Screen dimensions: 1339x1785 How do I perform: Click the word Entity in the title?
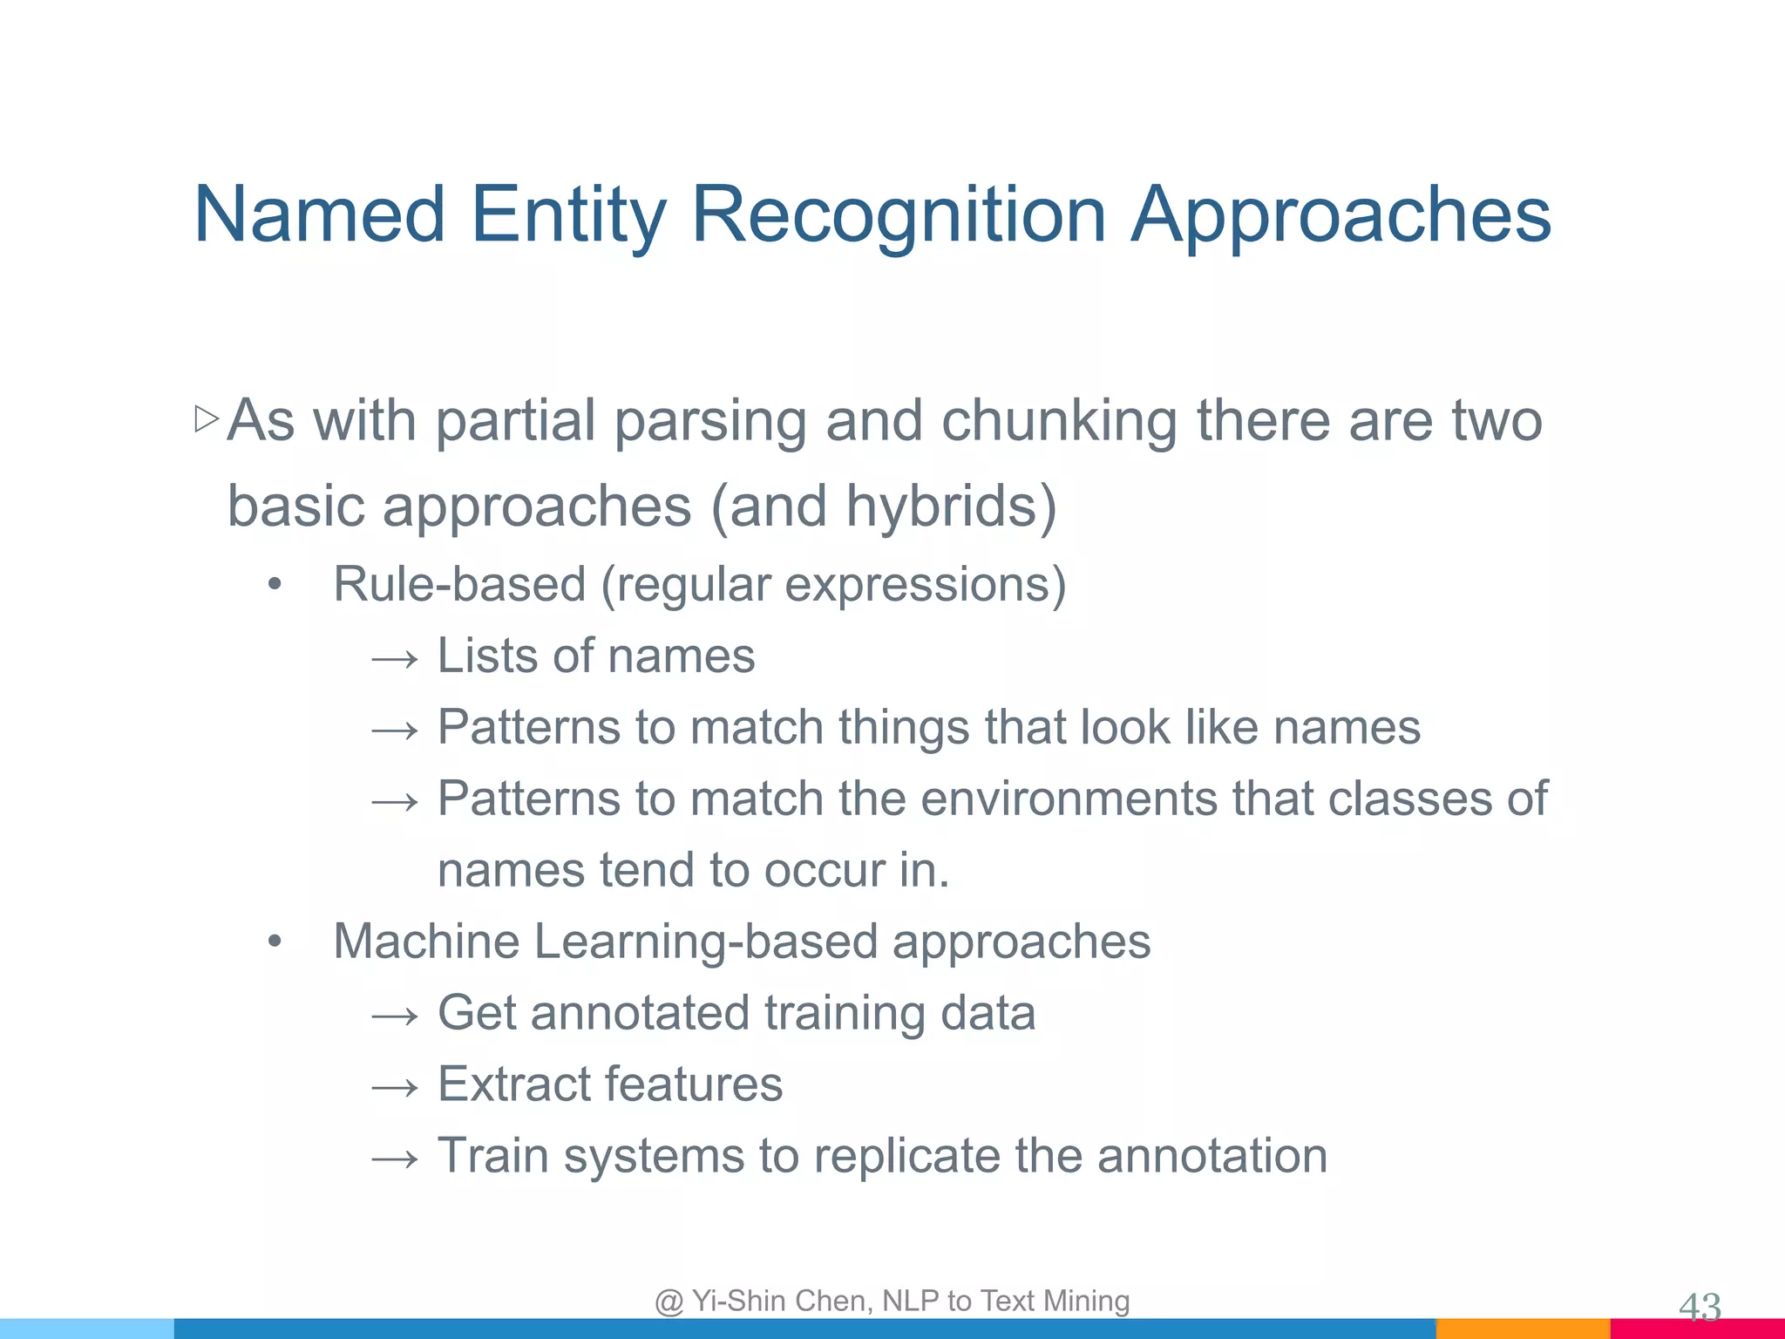tap(568, 214)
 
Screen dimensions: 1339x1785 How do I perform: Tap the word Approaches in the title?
tap(1340, 214)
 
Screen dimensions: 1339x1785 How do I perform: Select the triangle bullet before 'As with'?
tap(207, 419)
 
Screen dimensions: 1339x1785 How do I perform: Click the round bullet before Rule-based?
tap(275, 585)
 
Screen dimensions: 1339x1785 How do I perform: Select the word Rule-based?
tap(459, 584)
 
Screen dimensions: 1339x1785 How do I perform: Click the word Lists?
tap(485, 656)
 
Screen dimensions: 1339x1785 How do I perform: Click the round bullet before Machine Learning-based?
tap(275, 942)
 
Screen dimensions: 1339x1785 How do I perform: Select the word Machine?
tap(424, 941)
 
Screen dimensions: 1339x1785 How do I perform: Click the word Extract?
tap(514, 1084)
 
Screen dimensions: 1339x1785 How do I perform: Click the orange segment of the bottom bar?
tap(1522, 1329)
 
